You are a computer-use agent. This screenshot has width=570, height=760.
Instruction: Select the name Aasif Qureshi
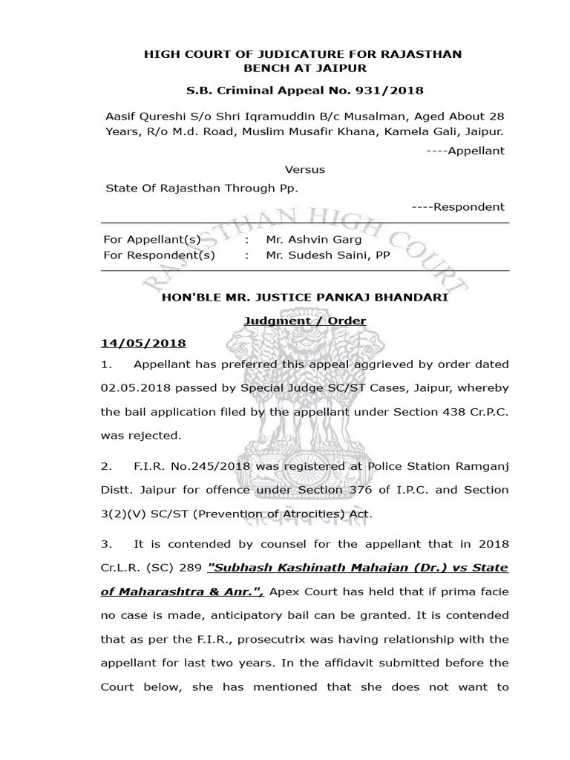(144, 117)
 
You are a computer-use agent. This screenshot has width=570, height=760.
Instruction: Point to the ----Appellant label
(468, 151)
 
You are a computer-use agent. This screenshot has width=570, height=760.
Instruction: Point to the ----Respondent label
(457, 207)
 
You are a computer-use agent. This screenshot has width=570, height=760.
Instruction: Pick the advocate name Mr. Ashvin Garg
(314, 240)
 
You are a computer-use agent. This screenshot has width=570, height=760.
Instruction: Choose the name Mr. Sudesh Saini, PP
(327, 255)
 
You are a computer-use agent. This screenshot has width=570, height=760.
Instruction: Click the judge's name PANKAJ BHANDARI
(376, 298)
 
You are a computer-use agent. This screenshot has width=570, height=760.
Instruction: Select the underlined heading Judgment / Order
(305, 321)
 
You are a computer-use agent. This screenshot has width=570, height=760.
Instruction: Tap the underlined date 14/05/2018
(142, 344)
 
